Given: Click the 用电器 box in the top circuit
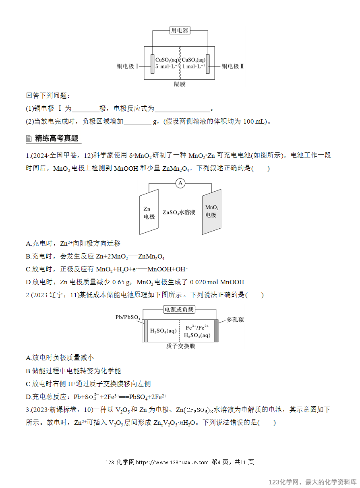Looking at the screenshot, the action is click(x=180, y=30).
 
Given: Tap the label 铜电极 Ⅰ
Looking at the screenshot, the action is click(x=128, y=66).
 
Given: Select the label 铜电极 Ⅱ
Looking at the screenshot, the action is click(x=232, y=66).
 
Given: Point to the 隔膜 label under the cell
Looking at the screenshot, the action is click(x=180, y=84).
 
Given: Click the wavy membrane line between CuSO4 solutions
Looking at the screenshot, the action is click(x=180, y=63).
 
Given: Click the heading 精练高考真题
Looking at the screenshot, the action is click(x=56, y=139).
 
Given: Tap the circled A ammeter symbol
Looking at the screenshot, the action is click(x=180, y=183).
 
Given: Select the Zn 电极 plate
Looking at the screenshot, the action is click(x=149, y=212).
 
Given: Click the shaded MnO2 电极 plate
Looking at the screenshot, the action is click(x=211, y=212).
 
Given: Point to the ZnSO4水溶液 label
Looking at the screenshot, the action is click(x=179, y=212).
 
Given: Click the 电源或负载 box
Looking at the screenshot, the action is click(x=179, y=309).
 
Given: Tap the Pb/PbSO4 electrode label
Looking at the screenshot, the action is click(x=128, y=317).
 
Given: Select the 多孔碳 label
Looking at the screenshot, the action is click(x=235, y=320).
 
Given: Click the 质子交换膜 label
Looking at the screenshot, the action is click(x=181, y=346).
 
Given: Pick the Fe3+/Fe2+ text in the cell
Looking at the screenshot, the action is click(x=197, y=328).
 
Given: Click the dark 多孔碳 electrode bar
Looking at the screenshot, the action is click(x=216, y=331).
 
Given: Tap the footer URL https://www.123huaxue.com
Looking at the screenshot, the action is click(x=172, y=462).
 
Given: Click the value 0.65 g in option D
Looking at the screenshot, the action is click(x=121, y=282).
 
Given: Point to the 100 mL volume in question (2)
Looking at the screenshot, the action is click(x=254, y=122).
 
